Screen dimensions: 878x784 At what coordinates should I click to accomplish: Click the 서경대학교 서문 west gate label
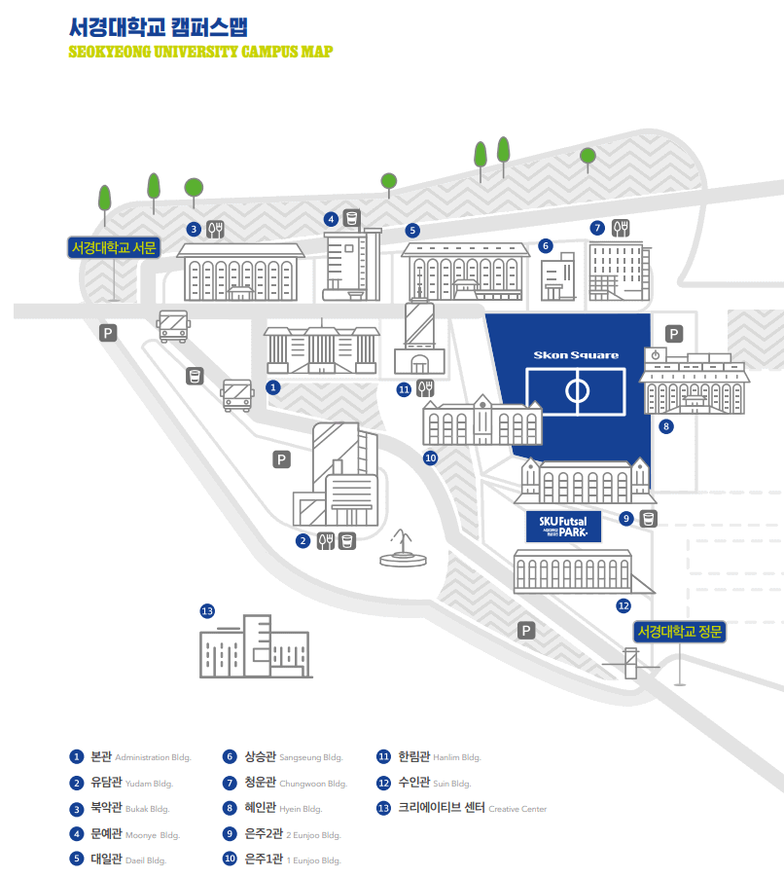(x=114, y=247)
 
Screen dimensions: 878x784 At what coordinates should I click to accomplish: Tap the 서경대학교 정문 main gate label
(x=681, y=632)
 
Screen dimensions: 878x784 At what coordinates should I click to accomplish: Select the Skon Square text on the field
(x=569, y=355)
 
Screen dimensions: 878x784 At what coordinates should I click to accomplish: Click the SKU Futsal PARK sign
(x=563, y=527)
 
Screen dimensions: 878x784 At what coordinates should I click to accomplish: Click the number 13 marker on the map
(x=206, y=611)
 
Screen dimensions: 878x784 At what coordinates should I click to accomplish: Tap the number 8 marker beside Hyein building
(x=666, y=425)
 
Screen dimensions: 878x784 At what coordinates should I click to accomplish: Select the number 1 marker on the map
(x=273, y=386)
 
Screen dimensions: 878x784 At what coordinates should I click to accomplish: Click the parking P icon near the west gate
(x=109, y=333)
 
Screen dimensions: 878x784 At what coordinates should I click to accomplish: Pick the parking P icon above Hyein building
(x=674, y=333)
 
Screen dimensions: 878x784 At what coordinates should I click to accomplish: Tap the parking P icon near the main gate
(x=526, y=631)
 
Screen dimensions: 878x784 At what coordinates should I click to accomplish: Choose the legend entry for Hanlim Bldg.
(x=429, y=756)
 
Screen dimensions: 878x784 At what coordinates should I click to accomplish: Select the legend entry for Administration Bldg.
(x=130, y=756)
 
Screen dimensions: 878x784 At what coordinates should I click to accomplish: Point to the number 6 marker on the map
(x=546, y=245)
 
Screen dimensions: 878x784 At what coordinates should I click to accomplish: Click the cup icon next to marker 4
(x=352, y=218)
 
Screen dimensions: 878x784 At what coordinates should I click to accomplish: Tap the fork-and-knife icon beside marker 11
(x=425, y=388)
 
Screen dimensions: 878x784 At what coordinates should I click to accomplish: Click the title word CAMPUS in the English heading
(x=264, y=52)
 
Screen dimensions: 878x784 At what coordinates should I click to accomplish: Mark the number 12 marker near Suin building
(x=624, y=605)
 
